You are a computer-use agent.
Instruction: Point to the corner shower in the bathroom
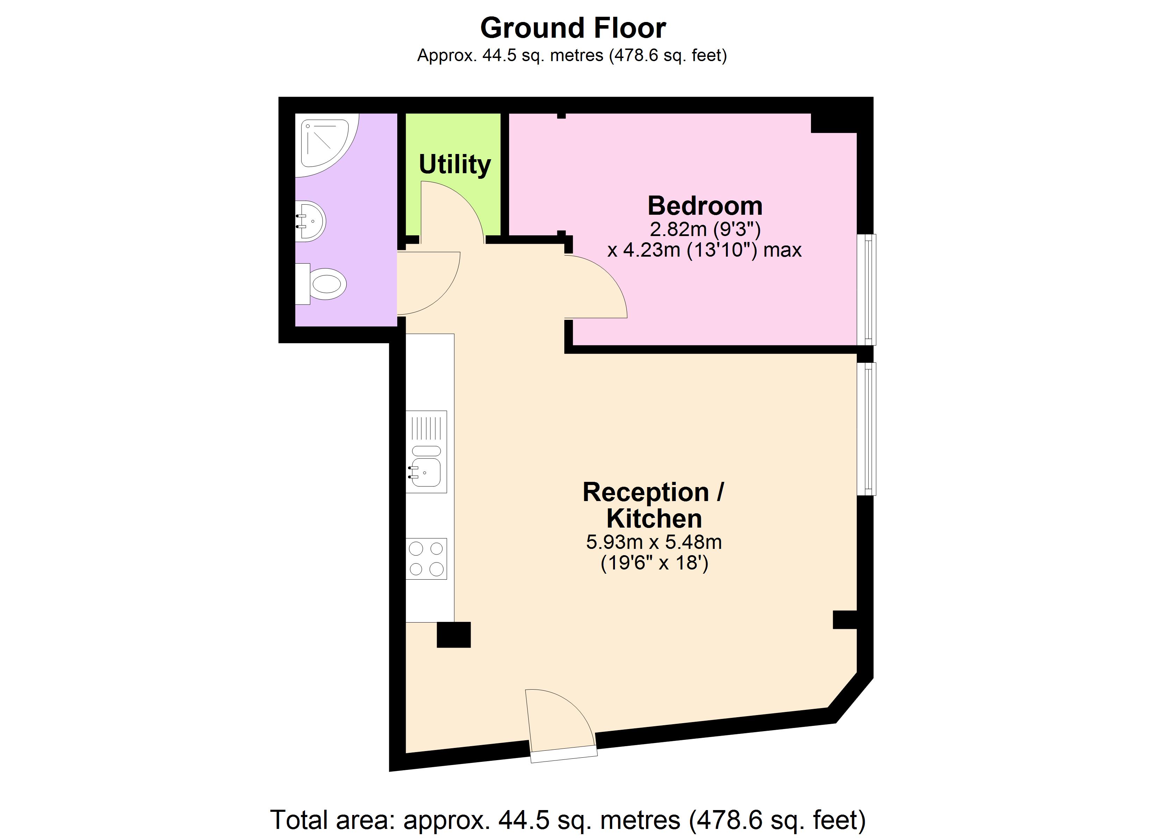325,143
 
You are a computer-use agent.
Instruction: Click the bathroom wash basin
311,221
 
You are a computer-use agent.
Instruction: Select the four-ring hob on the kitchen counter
426,559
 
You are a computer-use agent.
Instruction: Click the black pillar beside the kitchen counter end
454,635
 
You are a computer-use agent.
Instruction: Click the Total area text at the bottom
567,819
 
